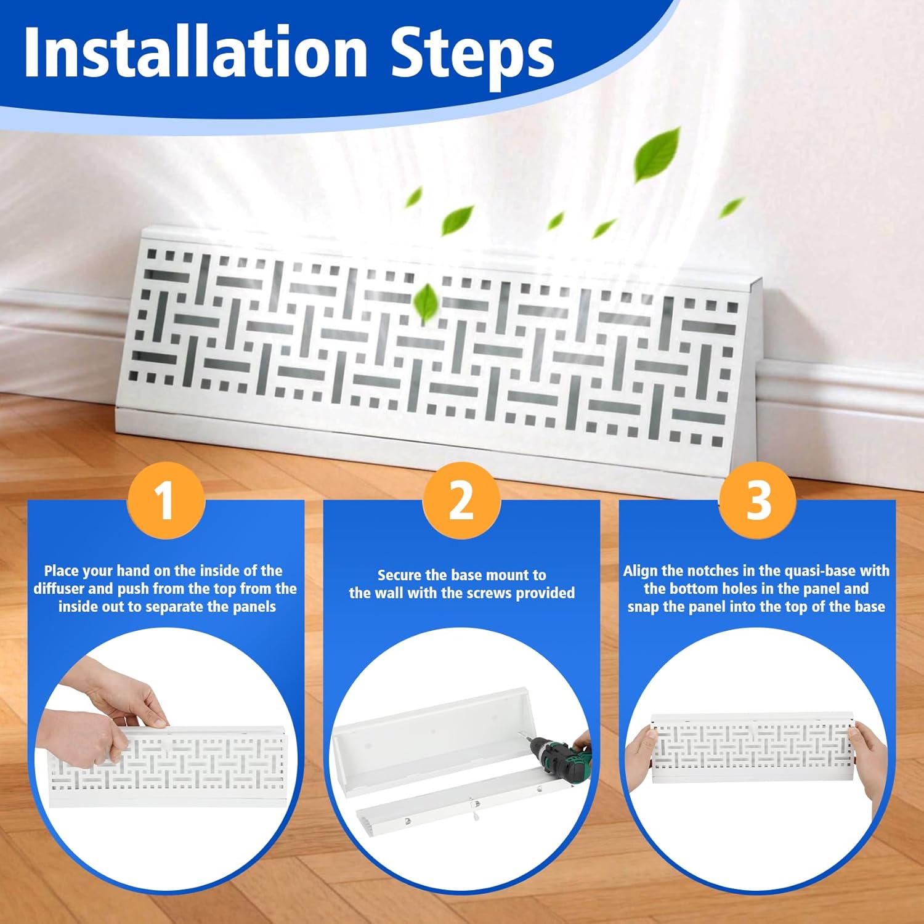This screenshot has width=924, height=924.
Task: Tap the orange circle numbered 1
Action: [166, 500]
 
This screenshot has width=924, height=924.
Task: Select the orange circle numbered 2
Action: [461, 500]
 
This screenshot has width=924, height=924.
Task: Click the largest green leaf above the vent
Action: [658, 154]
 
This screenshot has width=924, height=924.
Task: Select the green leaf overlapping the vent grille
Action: [426, 303]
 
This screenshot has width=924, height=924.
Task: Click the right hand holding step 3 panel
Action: [869, 764]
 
